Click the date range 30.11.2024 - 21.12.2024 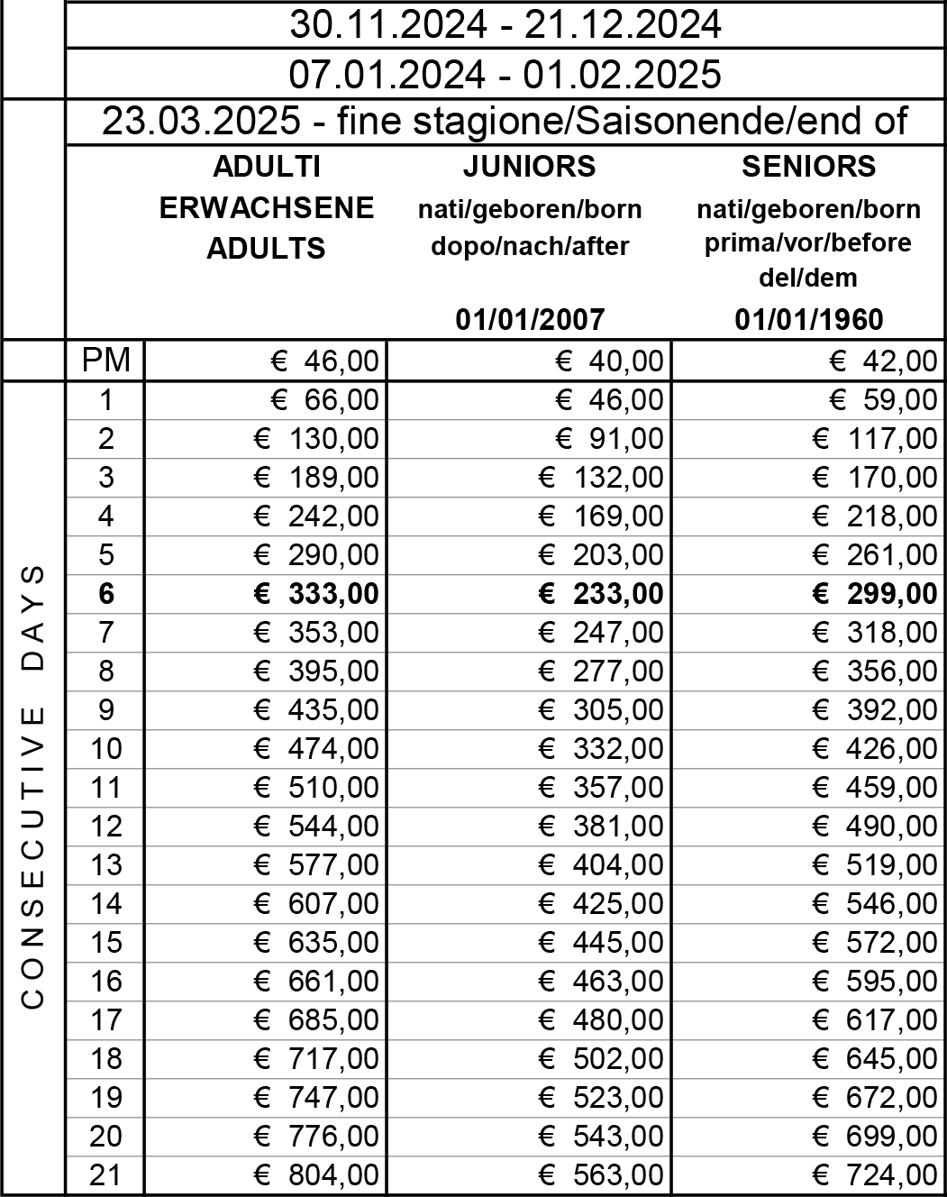pyautogui.click(x=505, y=24)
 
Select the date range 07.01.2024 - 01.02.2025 pyautogui.click(x=505, y=74)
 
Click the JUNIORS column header pyautogui.click(x=529, y=167)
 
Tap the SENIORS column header pyautogui.click(x=808, y=167)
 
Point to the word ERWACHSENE pyautogui.click(x=266, y=208)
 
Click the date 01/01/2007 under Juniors pyautogui.click(x=529, y=318)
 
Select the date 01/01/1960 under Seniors pyautogui.click(x=808, y=318)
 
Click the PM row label pyautogui.click(x=105, y=361)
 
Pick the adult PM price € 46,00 pyautogui.click(x=325, y=361)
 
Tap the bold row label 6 pyautogui.click(x=105, y=594)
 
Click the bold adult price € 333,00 pyautogui.click(x=316, y=594)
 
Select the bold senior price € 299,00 pyautogui.click(x=874, y=594)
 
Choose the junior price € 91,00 pyautogui.click(x=608, y=439)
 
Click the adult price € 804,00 pyautogui.click(x=316, y=1175)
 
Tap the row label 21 pyautogui.click(x=105, y=1175)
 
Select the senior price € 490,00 pyautogui.click(x=874, y=827)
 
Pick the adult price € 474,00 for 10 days pyautogui.click(x=316, y=749)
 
